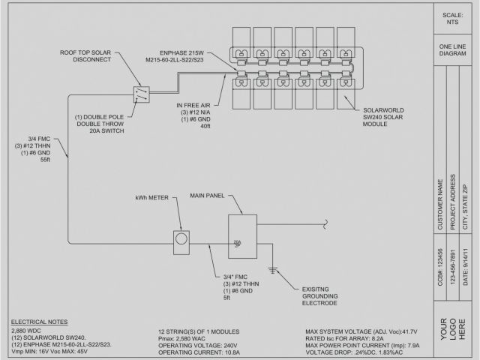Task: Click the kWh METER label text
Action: tap(151, 199)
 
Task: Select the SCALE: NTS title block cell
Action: tap(454, 19)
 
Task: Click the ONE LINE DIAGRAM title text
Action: tap(454, 51)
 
